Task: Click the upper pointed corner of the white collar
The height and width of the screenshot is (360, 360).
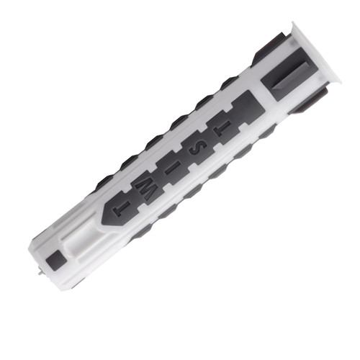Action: (292, 22)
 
